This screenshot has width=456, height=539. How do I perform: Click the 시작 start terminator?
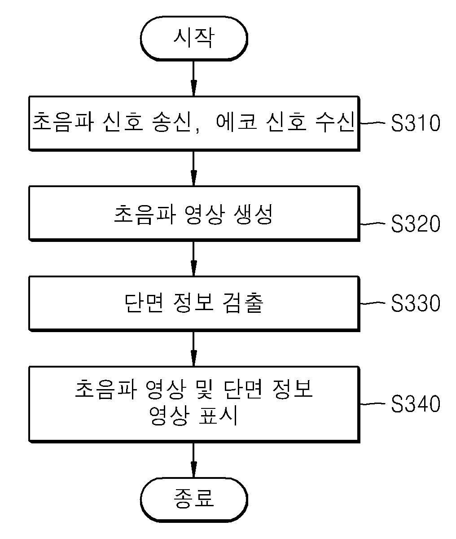point(194,39)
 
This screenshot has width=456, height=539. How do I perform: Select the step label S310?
point(415,123)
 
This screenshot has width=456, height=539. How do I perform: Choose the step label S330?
point(415,303)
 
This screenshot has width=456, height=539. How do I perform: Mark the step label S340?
point(415,403)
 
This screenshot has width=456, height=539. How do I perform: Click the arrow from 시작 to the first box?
point(194,79)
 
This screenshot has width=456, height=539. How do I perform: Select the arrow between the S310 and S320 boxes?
point(194,168)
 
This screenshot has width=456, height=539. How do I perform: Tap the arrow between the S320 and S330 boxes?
point(194,259)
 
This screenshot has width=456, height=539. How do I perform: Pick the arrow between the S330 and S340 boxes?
point(194,349)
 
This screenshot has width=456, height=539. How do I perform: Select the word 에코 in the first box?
point(236,122)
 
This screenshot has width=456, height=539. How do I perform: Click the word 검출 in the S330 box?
point(243,303)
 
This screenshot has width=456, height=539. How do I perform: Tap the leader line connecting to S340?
point(373,404)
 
